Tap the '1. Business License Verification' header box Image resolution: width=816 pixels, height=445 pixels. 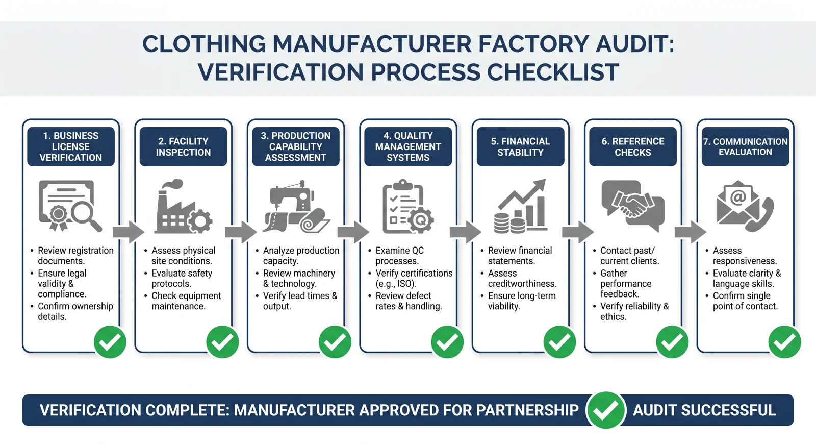pyautogui.click(x=71, y=146)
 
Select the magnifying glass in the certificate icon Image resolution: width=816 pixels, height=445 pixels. pyautogui.click(x=86, y=216)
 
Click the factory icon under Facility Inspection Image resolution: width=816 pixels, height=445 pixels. pyautogui.click(x=183, y=206)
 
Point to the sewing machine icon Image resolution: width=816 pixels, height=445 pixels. pyautogui.click(x=291, y=199)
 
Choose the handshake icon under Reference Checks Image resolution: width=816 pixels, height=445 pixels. pyautogui.click(x=633, y=205)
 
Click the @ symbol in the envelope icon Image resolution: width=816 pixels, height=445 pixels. pyautogui.click(x=738, y=197)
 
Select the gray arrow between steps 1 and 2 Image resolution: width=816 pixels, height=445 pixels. pyautogui.click(x=128, y=232)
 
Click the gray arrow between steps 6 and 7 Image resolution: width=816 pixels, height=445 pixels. pyautogui.click(x=691, y=232)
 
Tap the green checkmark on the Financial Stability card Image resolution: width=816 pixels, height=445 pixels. pyautogui.click(x=559, y=342)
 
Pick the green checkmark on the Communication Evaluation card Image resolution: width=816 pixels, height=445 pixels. pyautogui.click(x=784, y=342)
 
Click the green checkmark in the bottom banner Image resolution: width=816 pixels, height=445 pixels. pyautogui.click(x=606, y=410)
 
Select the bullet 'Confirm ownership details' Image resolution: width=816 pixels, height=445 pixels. pyautogui.click(x=72, y=311)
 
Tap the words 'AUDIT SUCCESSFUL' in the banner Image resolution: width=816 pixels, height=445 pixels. pyautogui.click(x=704, y=410)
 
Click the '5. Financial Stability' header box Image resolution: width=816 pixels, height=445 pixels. pyautogui.click(x=521, y=146)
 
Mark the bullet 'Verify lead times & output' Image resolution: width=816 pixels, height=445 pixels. pyautogui.click(x=296, y=301)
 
